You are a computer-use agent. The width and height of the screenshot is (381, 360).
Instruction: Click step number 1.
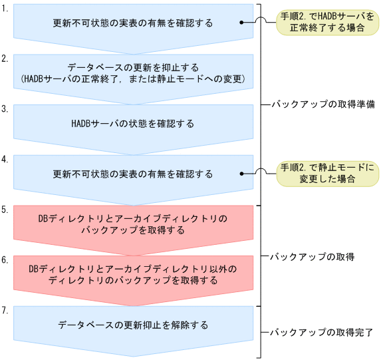click(5, 11)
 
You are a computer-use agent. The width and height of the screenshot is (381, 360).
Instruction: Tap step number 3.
click(5, 108)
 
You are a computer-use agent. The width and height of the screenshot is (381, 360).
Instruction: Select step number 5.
click(5, 209)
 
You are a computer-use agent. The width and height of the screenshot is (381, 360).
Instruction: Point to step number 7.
click(5, 310)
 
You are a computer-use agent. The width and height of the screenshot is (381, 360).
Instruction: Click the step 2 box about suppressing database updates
click(133, 74)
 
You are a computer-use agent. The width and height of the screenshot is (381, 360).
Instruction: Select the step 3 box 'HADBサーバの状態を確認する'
click(133, 124)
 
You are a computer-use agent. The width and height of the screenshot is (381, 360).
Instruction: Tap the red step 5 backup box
click(133, 224)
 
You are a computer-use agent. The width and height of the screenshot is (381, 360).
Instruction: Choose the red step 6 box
click(133, 274)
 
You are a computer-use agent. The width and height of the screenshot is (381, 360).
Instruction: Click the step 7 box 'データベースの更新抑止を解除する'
click(133, 325)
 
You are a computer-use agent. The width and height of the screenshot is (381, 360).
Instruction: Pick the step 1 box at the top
click(133, 23)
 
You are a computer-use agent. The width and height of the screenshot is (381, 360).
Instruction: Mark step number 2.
click(5, 59)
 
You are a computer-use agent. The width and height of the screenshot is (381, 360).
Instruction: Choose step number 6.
click(5, 260)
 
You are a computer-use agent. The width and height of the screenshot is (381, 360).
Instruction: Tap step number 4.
click(5, 159)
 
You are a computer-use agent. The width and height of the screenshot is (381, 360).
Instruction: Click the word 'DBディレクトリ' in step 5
click(67, 218)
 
